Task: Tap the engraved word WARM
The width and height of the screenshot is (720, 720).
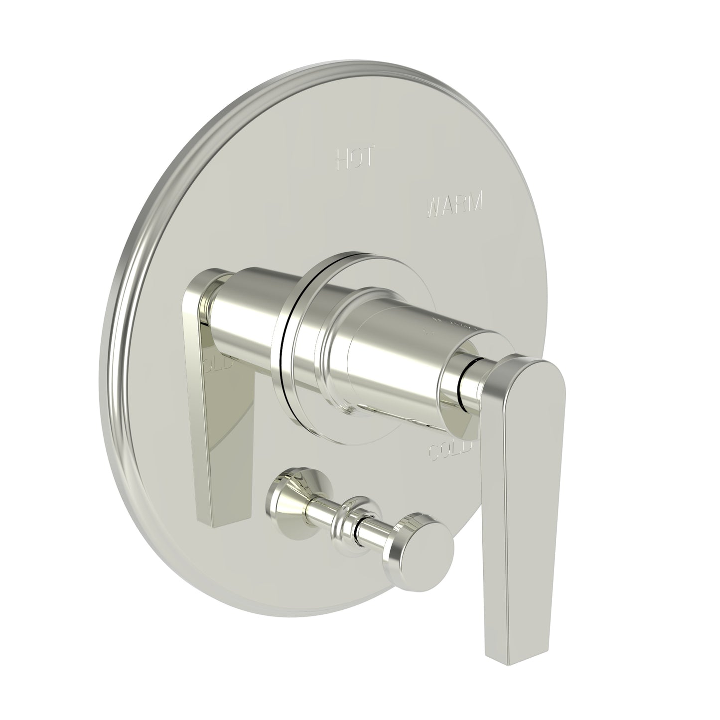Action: (455, 204)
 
